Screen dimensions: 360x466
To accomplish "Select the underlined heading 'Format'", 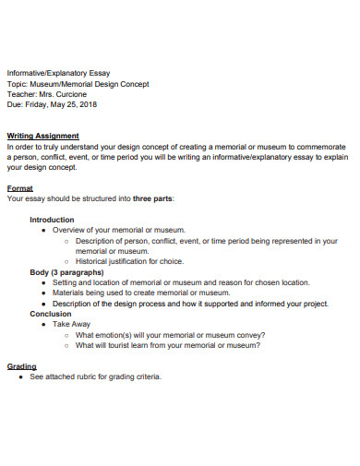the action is click(20, 187).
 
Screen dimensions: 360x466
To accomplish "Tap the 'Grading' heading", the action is click(22, 366).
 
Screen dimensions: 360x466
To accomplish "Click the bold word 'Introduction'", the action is click(52, 220).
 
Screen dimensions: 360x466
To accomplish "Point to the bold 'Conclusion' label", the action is click(50, 314).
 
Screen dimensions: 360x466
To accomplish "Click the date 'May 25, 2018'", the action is click(74, 104).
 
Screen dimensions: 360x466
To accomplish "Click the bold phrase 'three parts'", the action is click(152, 198).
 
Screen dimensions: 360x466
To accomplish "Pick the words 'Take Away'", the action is click(71, 325).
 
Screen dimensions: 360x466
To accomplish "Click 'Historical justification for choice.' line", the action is click(131, 261).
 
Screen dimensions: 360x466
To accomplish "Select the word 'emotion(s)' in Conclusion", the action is click(120, 335).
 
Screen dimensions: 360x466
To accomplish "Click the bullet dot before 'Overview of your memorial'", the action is click(44, 230).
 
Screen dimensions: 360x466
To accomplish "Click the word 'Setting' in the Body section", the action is click(66, 282).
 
